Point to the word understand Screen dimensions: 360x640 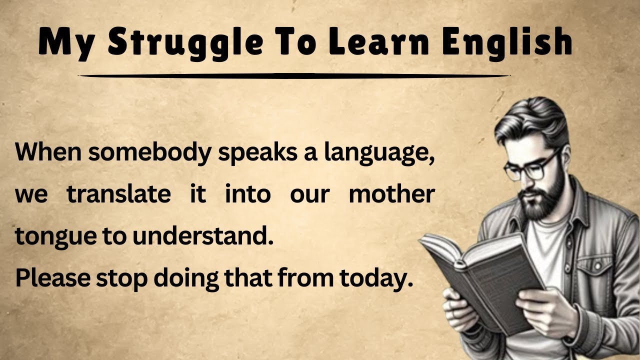[x=203, y=236]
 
